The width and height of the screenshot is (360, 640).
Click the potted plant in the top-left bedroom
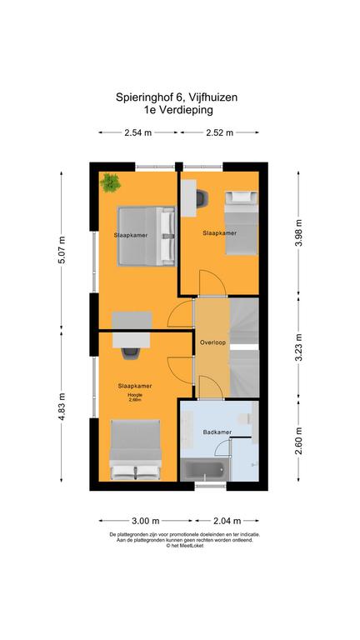(110, 182)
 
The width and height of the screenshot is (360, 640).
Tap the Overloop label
(212, 342)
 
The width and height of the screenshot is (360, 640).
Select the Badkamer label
(217, 432)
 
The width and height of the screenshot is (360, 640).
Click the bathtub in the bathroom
(205, 470)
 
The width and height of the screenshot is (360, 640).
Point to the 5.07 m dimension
(62, 250)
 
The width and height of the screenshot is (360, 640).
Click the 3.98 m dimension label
(299, 232)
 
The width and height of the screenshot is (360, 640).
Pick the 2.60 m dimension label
(299, 441)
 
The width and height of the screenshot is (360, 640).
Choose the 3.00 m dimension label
(146, 520)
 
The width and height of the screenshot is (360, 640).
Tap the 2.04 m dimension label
(227, 520)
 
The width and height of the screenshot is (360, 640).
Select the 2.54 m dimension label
(138, 132)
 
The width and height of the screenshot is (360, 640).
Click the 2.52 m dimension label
(220, 132)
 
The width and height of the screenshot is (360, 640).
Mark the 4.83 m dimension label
(62, 407)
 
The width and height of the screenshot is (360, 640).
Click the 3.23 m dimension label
(299, 347)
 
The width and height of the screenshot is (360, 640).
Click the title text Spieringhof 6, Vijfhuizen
(177, 97)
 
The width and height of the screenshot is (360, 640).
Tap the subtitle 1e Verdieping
(178, 109)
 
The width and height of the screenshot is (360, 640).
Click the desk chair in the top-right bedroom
(202, 198)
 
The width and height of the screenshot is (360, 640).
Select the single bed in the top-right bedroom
(242, 222)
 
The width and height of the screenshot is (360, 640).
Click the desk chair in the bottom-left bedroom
(129, 352)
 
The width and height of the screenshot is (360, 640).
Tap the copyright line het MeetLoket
(184, 545)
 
